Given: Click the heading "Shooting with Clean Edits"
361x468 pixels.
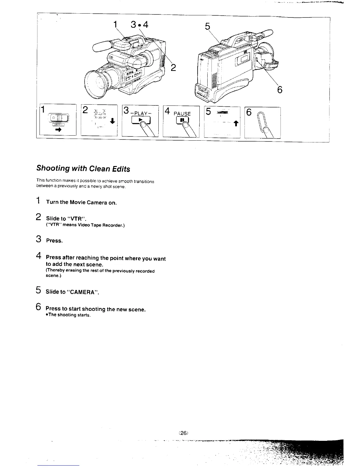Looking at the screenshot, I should (83, 169).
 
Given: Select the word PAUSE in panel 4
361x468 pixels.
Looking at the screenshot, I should (182, 114).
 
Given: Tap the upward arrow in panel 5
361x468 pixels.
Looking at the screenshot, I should (235, 124).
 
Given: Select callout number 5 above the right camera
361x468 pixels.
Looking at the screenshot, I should (207, 27).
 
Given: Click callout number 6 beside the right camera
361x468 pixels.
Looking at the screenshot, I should (280, 89).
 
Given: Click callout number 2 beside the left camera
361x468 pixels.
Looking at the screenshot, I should (173, 68).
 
